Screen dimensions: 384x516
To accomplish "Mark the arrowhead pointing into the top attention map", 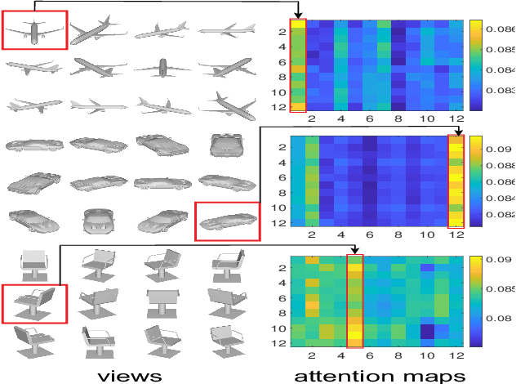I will pyautogui.click(x=298, y=15).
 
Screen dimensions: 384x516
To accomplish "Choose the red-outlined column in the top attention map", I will pyautogui.click(x=298, y=65).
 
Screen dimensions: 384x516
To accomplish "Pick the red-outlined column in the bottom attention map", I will pyautogui.click(x=355, y=301).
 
